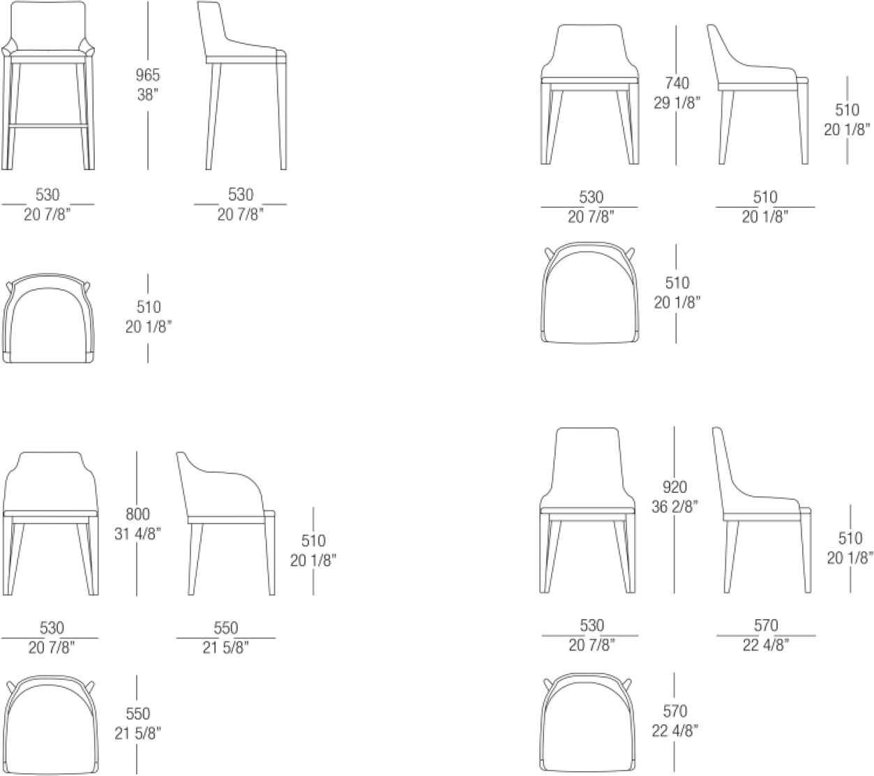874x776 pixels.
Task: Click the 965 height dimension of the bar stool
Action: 148,75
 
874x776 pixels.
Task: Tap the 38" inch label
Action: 148,94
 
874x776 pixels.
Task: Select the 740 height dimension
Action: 677,83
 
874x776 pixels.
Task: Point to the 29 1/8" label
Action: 677,103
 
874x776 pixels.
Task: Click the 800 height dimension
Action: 137,514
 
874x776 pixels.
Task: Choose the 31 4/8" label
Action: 137,534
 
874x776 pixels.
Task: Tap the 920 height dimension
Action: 675,487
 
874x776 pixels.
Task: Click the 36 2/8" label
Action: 675,507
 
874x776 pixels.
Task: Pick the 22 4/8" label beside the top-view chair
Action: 675,731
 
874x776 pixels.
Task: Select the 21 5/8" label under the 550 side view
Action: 225,648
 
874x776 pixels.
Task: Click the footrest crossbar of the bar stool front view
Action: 47,125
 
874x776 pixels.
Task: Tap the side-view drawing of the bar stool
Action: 242,85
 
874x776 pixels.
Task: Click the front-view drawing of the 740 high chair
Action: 589,94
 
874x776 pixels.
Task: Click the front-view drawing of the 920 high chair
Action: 587,510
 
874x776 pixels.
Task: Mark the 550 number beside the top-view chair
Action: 138,713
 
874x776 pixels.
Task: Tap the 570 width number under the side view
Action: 766,625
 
